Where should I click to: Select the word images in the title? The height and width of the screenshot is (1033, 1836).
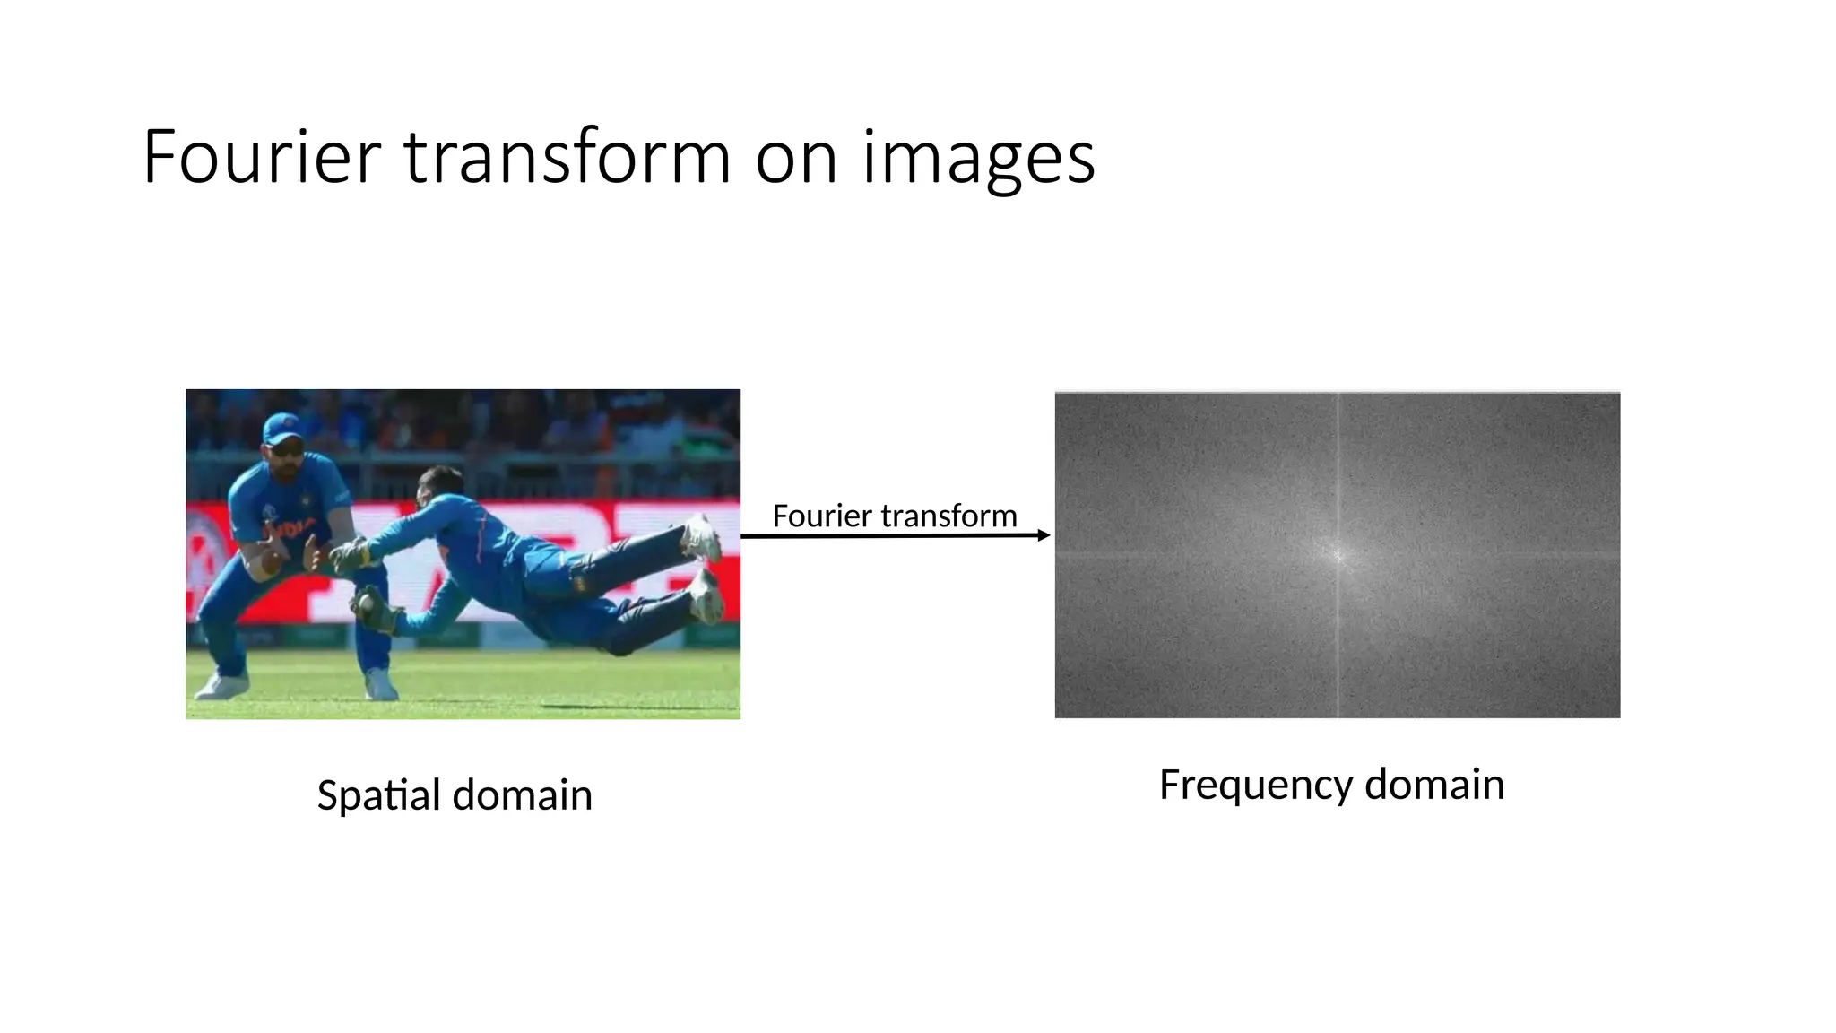click(978, 158)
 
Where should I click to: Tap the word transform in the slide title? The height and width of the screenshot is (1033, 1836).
click(567, 158)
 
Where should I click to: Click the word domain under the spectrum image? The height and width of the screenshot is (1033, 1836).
click(1433, 785)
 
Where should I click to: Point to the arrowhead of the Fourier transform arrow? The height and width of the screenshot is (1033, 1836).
click(1044, 535)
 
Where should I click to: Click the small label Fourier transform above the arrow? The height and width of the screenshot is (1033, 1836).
click(894, 516)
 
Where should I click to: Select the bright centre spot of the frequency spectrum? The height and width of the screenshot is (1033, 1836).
click(1338, 556)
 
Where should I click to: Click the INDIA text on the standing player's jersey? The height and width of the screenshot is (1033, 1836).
click(289, 529)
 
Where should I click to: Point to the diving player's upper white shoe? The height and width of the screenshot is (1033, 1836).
click(702, 538)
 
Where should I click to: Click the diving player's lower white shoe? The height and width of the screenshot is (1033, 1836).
click(706, 595)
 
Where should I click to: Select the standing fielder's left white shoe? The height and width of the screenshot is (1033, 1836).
click(221, 686)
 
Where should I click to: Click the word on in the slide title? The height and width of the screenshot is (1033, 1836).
click(796, 158)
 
